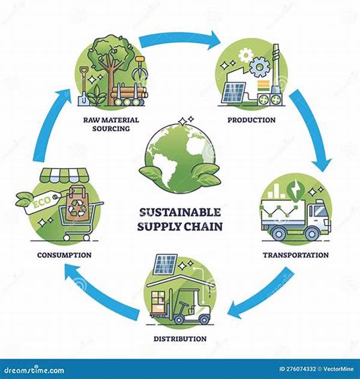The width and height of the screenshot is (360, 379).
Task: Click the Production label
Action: (251, 120)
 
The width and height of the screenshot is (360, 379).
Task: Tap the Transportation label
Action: (296, 255)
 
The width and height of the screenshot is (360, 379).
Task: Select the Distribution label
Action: (179, 339)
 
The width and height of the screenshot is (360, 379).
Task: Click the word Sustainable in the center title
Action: (180, 213)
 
